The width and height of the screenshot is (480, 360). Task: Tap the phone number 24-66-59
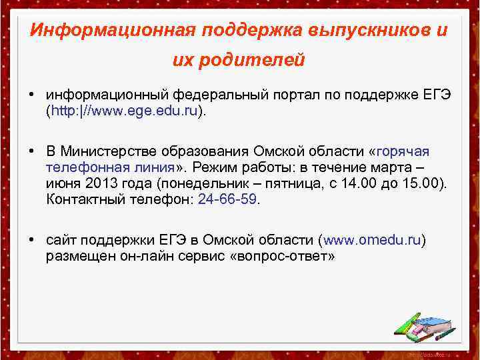point(227,199)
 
